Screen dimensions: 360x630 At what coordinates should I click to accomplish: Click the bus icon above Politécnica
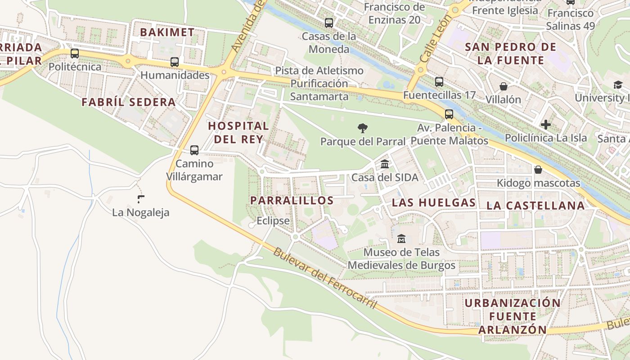tap(75, 54)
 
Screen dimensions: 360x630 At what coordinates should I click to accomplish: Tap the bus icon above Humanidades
tap(175, 62)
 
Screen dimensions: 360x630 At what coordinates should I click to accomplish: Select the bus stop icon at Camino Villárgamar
tap(194, 150)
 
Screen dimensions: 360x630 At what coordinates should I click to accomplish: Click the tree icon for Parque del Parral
tap(362, 128)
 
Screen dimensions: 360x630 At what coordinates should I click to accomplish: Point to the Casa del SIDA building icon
tap(385, 164)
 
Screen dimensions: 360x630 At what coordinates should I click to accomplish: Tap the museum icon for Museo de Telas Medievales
tap(401, 238)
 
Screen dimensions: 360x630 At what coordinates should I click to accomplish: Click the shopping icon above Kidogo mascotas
tap(538, 170)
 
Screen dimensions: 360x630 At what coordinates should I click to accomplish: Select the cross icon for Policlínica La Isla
tap(546, 125)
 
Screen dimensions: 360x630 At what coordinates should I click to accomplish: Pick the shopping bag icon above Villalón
tap(503, 86)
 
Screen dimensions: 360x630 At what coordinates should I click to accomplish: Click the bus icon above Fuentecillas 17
tap(439, 82)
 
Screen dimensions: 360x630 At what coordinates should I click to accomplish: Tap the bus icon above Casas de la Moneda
tap(329, 22)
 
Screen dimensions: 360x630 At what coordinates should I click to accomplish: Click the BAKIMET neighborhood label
tap(167, 32)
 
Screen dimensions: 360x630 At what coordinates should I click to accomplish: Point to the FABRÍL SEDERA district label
tap(129, 102)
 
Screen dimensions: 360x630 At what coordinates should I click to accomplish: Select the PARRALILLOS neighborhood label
tap(292, 201)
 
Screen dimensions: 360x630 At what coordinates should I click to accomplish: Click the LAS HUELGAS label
tap(434, 202)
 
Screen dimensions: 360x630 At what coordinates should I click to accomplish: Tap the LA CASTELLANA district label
tap(535, 206)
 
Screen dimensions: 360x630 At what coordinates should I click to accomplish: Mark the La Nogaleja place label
tap(141, 212)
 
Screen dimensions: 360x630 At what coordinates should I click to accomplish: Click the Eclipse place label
tap(273, 221)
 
